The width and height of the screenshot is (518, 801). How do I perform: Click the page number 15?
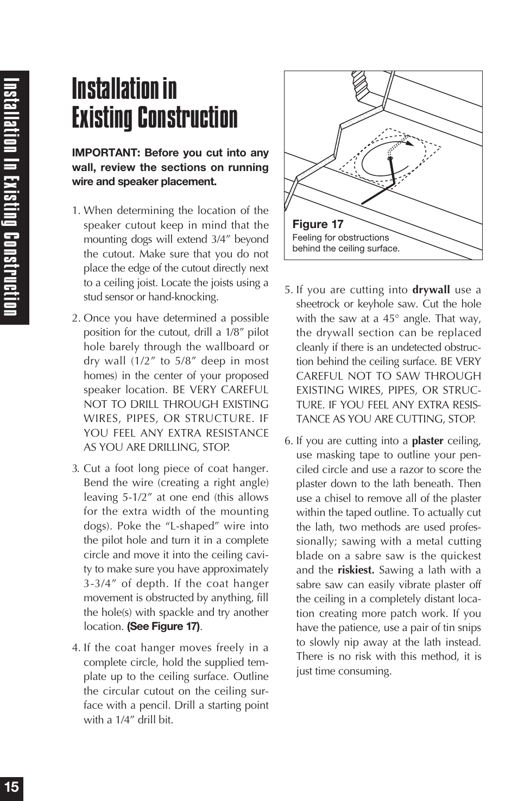click(11, 787)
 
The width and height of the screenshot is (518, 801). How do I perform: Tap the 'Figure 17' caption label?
click(318, 224)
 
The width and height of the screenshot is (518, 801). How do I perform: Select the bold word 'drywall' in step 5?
click(431, 289)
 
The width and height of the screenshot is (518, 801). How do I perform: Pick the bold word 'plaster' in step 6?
click(427, 441)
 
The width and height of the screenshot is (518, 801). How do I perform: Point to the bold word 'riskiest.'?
click(356, 570)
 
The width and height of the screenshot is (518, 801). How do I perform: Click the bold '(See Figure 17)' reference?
click(163, 627)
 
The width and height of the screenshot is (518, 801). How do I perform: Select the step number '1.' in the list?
click(77, 211)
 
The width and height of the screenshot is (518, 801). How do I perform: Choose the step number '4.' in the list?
click(76, 648)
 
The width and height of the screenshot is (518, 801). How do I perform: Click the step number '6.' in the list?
click(289, 441)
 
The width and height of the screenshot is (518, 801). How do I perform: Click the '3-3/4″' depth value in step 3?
click(100, 584)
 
